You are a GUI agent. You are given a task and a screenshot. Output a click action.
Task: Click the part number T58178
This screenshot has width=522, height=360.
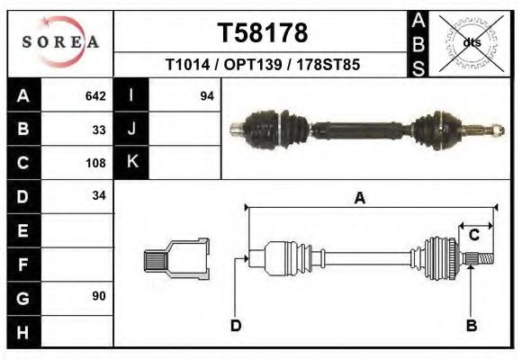(x=263, y=33)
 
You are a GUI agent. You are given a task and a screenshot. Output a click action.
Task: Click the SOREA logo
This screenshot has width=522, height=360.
(x=60, y=42)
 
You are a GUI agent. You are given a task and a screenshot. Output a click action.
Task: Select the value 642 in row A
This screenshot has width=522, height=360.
(x=95, y=95)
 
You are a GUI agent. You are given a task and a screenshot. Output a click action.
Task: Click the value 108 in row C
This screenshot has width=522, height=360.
(x=95, y=163)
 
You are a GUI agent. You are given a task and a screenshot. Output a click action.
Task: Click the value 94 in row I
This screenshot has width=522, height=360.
(x=206, y=95)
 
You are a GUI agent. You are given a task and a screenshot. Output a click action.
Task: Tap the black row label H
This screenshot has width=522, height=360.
(x=23, y=331)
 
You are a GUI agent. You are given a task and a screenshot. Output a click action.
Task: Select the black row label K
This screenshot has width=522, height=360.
(x=132, y=162)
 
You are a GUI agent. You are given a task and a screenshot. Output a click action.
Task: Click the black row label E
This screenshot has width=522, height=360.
(x=23, y=230)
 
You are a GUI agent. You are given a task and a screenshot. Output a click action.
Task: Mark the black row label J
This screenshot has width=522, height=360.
(x=132, y=129)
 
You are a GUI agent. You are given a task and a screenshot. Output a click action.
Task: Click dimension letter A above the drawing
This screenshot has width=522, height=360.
(x=359, y=199)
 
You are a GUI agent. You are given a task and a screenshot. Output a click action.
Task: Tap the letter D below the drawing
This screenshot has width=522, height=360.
(x=236, y=325)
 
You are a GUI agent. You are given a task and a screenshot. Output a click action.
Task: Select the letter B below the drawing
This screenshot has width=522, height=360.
(x=471, y=325)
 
